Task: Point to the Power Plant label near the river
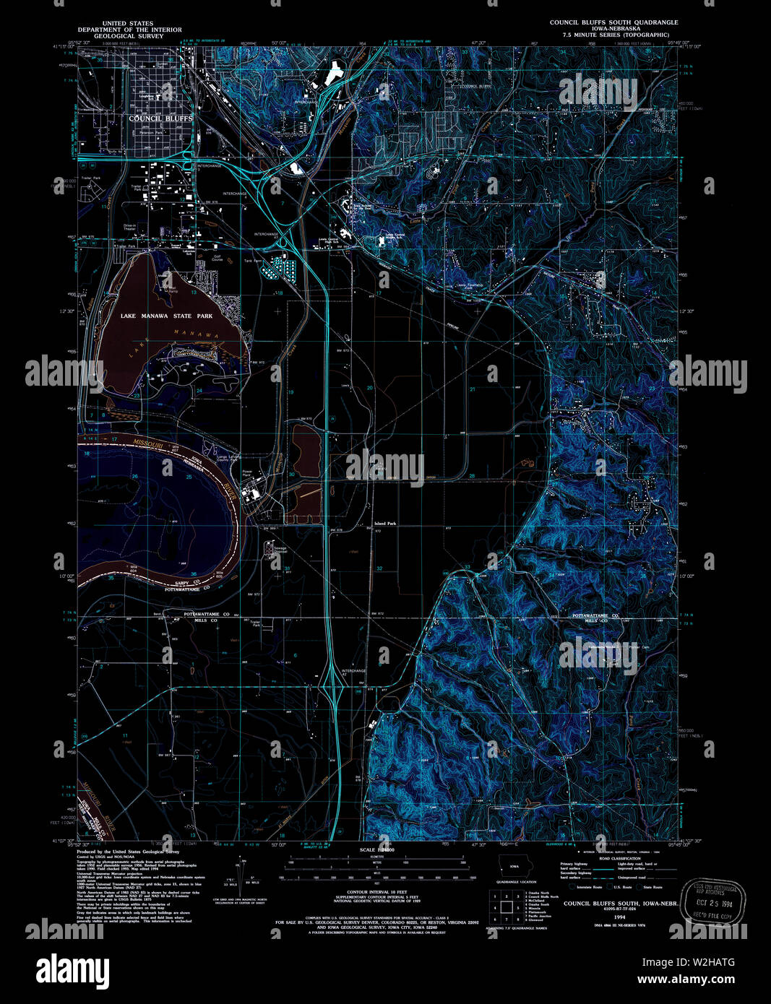click(247, 474)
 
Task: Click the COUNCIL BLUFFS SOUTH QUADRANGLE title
click(613, 22)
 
